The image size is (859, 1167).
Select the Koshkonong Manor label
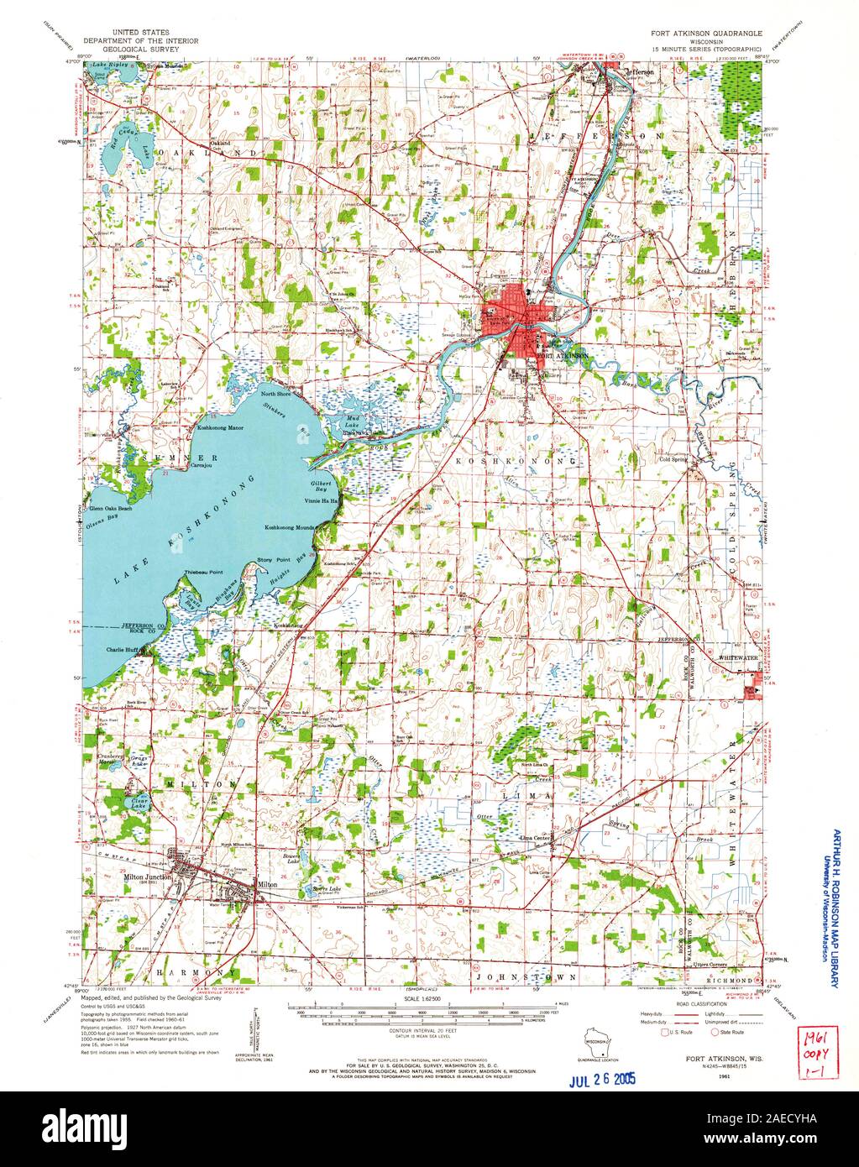tap(221, 427)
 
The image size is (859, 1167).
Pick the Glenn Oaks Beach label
tap(113, 509)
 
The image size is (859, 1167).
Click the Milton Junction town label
tap(147, 877)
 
